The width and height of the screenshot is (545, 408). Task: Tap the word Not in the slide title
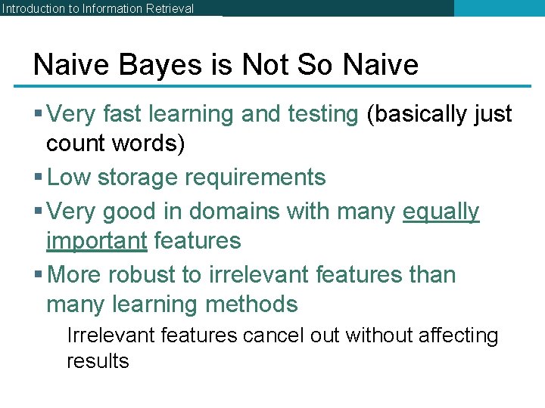pos(266,65)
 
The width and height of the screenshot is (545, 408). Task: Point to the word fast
pos(123,114)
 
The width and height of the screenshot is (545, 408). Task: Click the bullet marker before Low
pos(39,178)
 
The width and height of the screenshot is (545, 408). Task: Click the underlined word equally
pos(441,212)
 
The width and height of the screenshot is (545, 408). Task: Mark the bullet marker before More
pos(39,275)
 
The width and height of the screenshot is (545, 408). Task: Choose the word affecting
pos(455,335)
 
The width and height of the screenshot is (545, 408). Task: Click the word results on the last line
pos(98,361)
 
